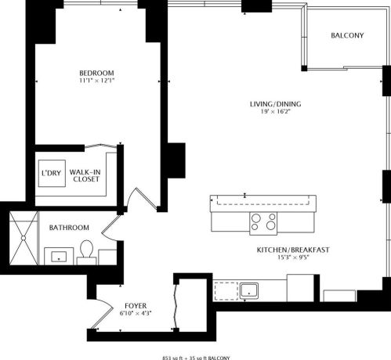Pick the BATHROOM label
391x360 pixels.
tap(69, 228)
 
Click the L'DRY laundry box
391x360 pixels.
tap(50, 174)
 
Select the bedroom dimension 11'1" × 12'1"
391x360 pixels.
tap(97, 81)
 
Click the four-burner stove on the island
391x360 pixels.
tap(263, 223)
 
